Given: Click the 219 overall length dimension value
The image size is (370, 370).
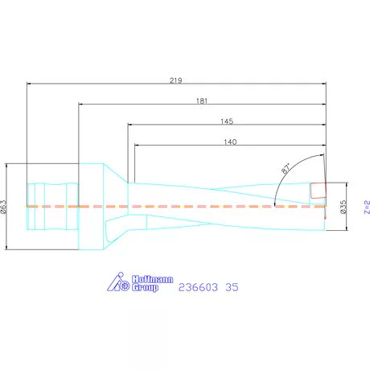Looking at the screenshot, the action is click(176, 80).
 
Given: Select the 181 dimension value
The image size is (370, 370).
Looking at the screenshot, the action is click(202, 101).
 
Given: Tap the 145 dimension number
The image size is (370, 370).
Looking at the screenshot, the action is click(227, 121).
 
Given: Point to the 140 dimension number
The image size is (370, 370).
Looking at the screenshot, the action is click(230, 142).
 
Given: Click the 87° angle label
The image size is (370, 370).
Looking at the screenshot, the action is click(286, 168).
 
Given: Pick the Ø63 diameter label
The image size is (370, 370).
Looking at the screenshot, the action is click(3, 207).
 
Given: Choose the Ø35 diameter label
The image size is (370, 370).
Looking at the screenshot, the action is click(343, 207).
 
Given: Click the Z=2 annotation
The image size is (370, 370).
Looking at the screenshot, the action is click(367, 207).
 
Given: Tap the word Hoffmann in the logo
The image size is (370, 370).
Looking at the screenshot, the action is click(152, 279).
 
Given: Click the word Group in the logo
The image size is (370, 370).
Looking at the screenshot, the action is click(145, 288).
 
